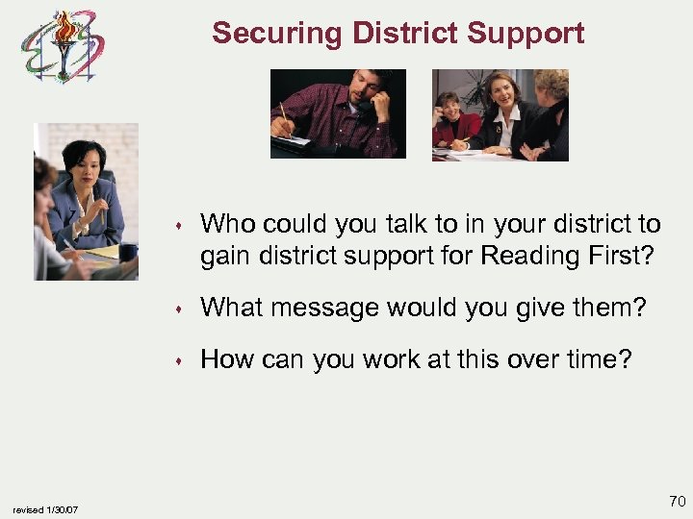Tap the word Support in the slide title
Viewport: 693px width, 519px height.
click(528, 34)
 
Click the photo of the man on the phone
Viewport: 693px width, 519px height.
click(338, 113)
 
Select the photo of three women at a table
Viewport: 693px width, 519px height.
click(500, 114)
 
